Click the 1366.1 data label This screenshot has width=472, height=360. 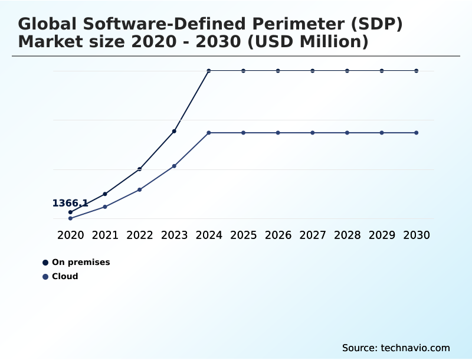(x=70, y=204)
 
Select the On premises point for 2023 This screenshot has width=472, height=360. (x=174, y=131)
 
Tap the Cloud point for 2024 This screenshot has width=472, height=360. (x=209, y=133)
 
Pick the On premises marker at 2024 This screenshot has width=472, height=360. (x=209, y=71)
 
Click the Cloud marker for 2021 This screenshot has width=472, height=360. (x=105, y=207)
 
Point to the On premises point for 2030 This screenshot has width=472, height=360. (x=416, y=71)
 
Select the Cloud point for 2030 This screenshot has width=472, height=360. (x=416, y=133)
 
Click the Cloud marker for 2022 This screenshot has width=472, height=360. (x=140, y=189)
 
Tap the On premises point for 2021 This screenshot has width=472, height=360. (x=105, y=194)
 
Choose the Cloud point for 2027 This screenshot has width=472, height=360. (x=313, y=133)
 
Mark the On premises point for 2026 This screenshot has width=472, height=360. (x=278, y=71)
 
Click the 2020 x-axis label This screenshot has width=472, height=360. (x=70, y=235)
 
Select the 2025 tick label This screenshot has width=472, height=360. (x=243, y=235)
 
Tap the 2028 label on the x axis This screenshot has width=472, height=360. (x=347, y=235)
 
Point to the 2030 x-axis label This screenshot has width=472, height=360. (x=416, y=235)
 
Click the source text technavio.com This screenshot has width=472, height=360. (x=415, y=348)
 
